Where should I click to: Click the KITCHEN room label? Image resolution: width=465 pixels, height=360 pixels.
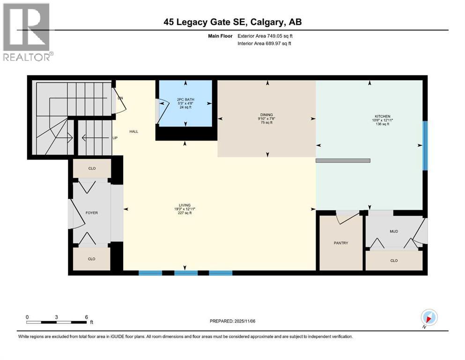pyautogui.click(x=382, y=116)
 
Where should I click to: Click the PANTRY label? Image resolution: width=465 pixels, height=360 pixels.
pyautogui.click(x=340, y=243)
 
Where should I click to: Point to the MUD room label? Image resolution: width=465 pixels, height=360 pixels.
pyautogui.click(x=394, y=231)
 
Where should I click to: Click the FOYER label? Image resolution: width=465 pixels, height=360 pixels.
pyautogui.click(x=91, y=212)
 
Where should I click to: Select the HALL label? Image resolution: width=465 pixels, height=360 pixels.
pyautogui.click(x=134, y=131)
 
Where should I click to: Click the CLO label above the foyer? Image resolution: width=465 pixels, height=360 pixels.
pyautogui.click(x=92, y=168)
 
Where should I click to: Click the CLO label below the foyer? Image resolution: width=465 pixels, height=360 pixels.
pyautogui.click(x=92, y=259)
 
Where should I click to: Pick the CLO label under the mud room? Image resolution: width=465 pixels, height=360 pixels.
pyautogui.click(x=394, y=260)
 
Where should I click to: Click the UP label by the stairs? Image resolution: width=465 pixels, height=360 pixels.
pyautogui.click(x=115, y=138)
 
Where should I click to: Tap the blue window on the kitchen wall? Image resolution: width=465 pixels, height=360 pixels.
pyautogui.click(x=425, y=146)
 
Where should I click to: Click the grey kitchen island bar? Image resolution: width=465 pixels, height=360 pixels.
pyautogui.click(x=343, y=160)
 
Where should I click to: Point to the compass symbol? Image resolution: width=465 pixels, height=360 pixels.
pyautogui.click(x=429, y=317)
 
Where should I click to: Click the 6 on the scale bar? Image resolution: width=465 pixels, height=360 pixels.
pyautogui.click(x=87, y=317)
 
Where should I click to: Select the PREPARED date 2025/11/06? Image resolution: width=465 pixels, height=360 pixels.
pyautogui.click(x=232, y=321)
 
